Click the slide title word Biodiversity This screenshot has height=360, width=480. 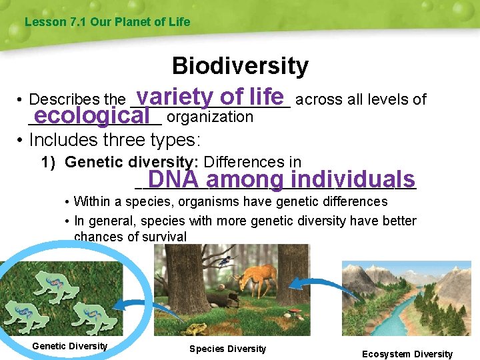point(240,66)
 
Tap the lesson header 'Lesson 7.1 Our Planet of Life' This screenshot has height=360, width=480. point(107,22)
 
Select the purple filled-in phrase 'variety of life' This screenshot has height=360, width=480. point(211,96)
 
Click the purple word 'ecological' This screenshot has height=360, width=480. point(92,115)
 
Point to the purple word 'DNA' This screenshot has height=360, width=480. point(173,179)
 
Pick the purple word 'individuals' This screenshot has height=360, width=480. point(353,179)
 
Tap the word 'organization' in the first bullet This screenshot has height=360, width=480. point(210,117)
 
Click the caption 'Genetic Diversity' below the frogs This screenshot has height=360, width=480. point(69,346)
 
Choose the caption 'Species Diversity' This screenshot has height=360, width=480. point(227,349)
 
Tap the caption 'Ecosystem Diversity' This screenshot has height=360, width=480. point(407,354)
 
